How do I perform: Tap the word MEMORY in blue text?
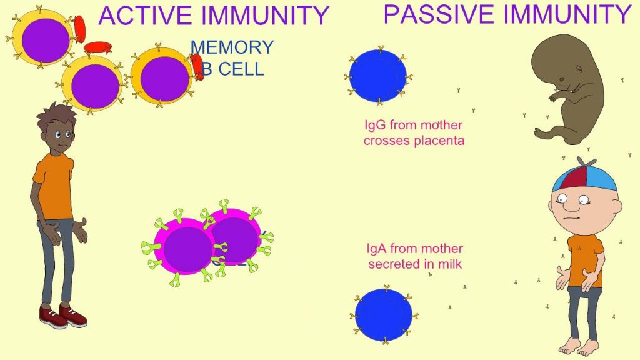point(232,47)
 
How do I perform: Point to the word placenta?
point(439,141)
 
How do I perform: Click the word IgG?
point(375,125)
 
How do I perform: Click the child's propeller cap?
point(584,176)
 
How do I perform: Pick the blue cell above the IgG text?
point(377,76)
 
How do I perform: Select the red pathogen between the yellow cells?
point(97,48)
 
